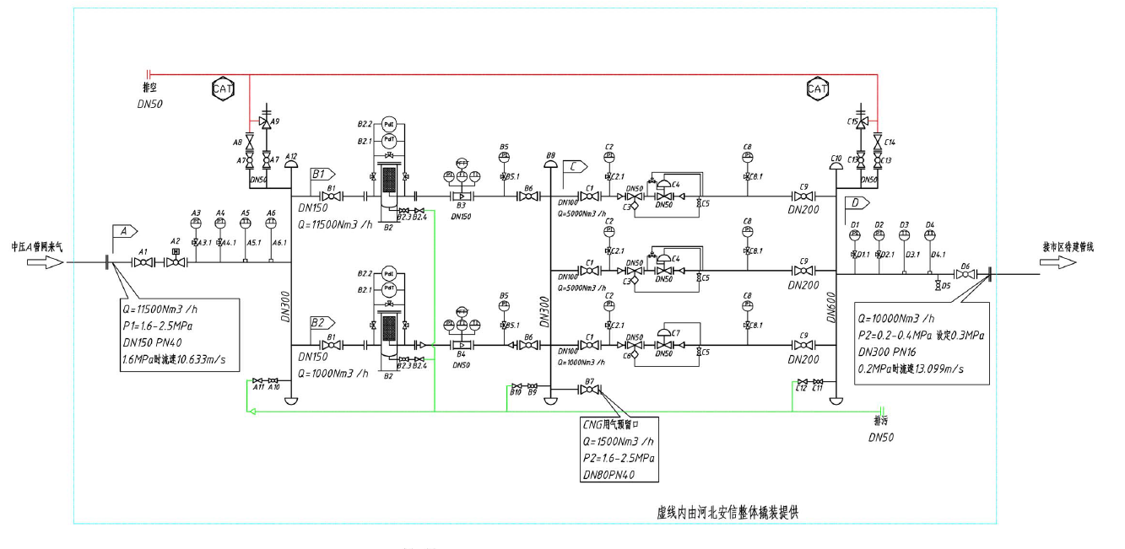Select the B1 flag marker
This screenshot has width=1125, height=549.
click(322, 175)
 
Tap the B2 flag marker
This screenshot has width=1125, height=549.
click(322, 323)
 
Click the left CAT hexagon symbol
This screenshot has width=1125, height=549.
click(223, 87)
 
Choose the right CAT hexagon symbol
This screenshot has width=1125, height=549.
click(817, 88)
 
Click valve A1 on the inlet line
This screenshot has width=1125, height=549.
click(144, 263)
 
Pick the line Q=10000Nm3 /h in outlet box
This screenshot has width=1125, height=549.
click(896, 319)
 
